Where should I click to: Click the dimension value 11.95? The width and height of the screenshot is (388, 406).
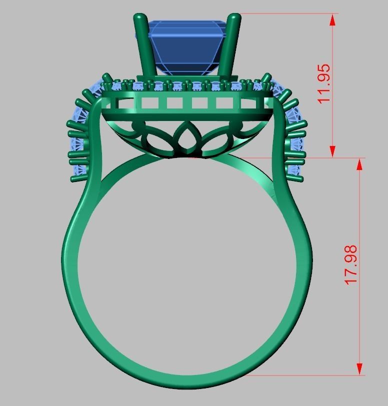[x=324, y=83]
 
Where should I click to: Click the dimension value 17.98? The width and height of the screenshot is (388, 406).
[x=351, y=265]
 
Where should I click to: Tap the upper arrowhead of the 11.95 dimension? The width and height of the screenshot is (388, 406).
[x=331, y=19]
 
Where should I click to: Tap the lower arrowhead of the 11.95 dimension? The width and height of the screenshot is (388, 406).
[x=331, y=151]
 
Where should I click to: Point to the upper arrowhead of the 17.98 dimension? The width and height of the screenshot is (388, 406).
[x=359, y=164]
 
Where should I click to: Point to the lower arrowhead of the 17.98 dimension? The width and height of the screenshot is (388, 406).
[x=359, y=369]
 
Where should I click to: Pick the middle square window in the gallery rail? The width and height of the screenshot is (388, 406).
[x=199, y=103]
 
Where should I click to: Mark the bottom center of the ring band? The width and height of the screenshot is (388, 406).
[x=187, y=382]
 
